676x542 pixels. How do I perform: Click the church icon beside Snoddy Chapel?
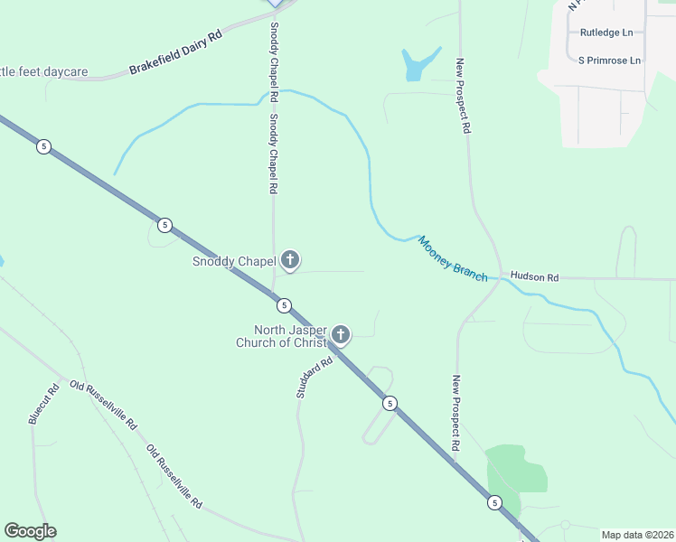(x=290, y=262)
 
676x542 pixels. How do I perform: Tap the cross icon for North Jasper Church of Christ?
(x=341, y=335)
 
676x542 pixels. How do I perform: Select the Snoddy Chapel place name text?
(x=233, y=262)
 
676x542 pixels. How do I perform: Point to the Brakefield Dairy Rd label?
(x=175, y=54)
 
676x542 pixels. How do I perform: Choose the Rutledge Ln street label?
(x=606, y=33)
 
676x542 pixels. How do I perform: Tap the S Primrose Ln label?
(x=609, y=61)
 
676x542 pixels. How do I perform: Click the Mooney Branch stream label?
(x=452, y=258)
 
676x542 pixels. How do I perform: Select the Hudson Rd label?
(x=534, y=276)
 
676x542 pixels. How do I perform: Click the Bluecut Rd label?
(x=43, y=403)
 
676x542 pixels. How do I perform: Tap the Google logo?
(x=30, y=531)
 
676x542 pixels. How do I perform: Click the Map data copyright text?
(x=636, y=535)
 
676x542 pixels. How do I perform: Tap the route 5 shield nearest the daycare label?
(x=43, y=146)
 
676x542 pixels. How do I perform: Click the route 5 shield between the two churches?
(x=284, y=305)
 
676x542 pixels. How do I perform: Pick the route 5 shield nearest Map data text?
(x=493, y=502)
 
